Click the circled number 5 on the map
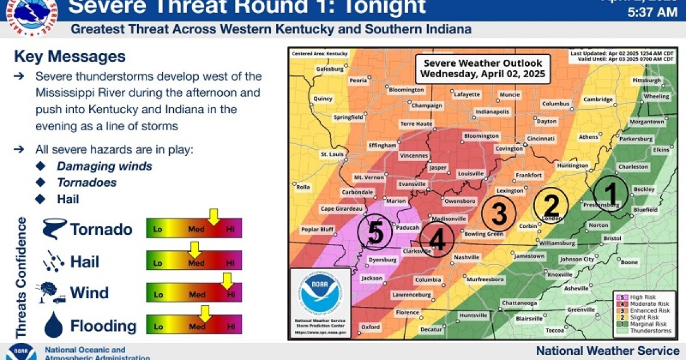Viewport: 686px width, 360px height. tap(374, 232)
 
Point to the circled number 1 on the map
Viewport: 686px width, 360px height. tap(610, 193)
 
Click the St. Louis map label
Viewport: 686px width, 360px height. tap(331, 154)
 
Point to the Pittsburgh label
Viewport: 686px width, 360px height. tap(647, 81)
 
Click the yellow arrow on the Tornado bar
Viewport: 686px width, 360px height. tap(214, 217)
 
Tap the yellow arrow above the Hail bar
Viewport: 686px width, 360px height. tap(195, 249)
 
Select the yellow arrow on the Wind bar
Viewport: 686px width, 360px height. tap(227, 281)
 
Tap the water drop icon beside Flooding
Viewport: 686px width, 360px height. tap(54, 325)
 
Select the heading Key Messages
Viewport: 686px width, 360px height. tap(70, 57)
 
